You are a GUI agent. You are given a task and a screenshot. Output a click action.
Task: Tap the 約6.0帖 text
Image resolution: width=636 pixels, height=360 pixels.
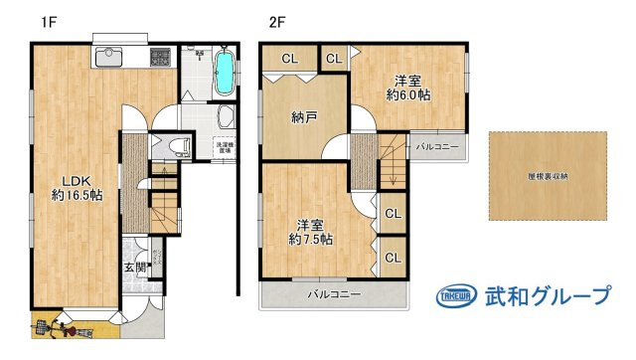[x=408, y=95]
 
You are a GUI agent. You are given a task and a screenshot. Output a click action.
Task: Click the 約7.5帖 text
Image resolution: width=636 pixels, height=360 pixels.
[x=311, y=240]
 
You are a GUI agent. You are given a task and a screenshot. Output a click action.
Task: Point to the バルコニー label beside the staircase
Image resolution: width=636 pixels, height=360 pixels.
[x=436, y=147]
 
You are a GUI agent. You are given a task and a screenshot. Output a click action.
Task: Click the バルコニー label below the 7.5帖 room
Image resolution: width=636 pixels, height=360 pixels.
[x=333, y=294]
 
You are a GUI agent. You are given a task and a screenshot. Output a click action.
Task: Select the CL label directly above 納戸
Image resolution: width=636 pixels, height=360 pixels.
[x=289, y=59]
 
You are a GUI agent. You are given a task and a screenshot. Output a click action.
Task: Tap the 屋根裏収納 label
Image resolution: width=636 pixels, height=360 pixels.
[x=548, y=176]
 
